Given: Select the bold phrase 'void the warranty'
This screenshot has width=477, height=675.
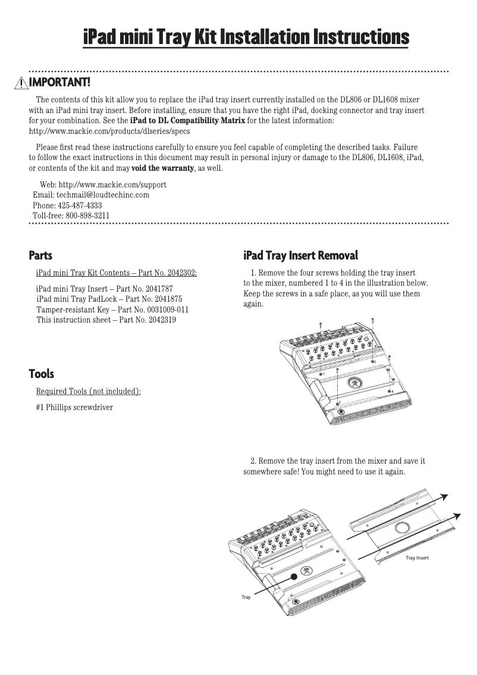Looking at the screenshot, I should coord(162,168).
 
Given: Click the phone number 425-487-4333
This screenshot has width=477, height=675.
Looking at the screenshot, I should coord(80,205).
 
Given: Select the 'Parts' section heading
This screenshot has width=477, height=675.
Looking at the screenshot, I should coord(40,256).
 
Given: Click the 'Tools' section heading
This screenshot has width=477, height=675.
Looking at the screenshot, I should coord(42,374).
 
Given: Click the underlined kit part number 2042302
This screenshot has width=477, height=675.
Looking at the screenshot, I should coord(179,273).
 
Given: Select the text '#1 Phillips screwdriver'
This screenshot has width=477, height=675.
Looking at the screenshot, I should coord(74,407).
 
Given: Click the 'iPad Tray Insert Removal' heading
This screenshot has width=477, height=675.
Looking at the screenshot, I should coord(300,256).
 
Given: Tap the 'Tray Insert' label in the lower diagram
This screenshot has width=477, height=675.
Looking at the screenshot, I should coord(417,558).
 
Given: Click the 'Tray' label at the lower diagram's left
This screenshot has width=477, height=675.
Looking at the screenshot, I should coord(246,596).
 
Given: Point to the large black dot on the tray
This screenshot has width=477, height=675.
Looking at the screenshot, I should coord(293,576).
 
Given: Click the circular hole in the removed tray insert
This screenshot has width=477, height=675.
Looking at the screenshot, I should coord(401,528).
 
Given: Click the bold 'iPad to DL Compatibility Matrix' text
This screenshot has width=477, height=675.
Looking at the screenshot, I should coord(187,121).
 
